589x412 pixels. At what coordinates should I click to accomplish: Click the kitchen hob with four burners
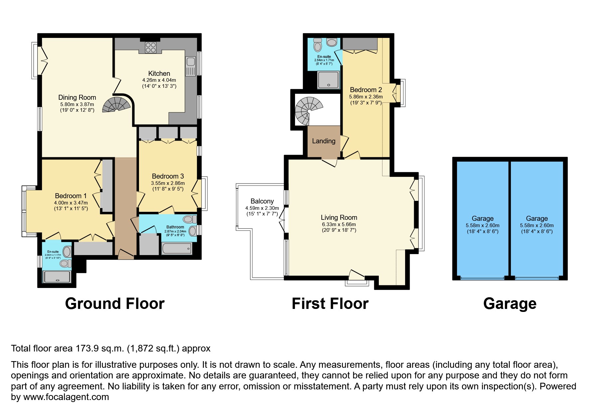click(151, 47)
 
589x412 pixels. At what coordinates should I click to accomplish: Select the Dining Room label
click(77, 97)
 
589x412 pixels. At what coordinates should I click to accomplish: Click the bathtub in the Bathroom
click(177, 248)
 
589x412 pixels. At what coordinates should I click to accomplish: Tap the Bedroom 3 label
click(168, 176)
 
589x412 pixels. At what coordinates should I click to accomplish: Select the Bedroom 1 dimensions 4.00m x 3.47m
click(71, 203)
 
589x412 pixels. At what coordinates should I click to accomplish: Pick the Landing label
click(324, 141)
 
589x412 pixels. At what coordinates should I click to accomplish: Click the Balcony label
click(262, 201)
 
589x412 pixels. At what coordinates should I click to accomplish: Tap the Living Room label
click(339, 217)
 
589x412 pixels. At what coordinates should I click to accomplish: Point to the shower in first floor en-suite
click(328, 80)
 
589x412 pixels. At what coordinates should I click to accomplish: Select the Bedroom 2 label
click(366, 90)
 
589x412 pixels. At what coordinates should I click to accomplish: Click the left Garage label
click(483, 218)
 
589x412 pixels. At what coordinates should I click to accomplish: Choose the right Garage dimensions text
click(537, 228)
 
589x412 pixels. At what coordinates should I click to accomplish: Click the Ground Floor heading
click(115, 304)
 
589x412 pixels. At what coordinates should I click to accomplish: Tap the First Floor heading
click(330, 304)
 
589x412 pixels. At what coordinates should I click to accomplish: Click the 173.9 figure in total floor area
click(87, 348)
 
